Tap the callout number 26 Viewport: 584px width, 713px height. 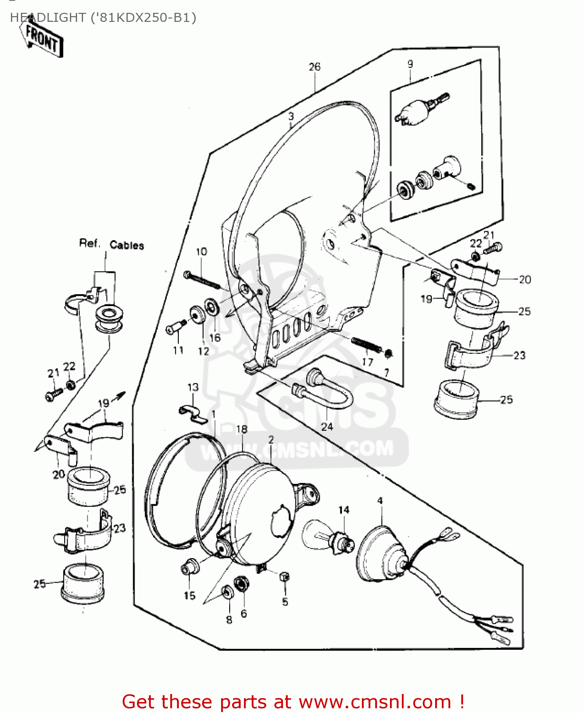(x=314, y=67)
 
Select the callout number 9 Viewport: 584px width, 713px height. (x=410, y=64)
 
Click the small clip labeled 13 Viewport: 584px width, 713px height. (x=193, y=413)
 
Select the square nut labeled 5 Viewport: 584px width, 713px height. (x=284, y=577)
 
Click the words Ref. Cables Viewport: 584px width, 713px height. (x=111, y=244)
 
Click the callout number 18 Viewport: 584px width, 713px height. (x=242, y=429)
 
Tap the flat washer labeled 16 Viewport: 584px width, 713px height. (x=212, y=306)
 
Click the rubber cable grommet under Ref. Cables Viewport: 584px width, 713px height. (x=109, y=319)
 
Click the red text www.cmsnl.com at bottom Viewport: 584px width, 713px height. (x=374, y=702)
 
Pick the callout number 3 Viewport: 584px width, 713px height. (x=291, y=116)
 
